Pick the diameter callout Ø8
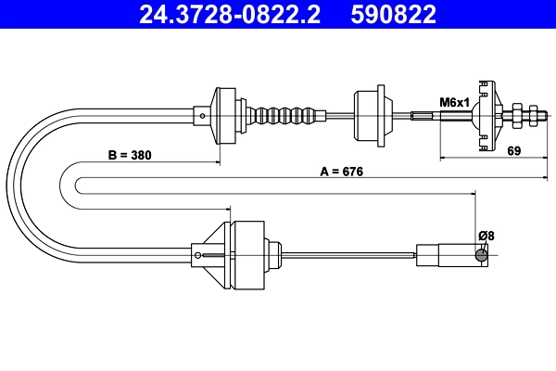click(x=486, y=235)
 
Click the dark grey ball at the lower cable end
click(x=481, y=256)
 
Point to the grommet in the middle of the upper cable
click(x=369, y=115)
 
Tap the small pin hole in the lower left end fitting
click(x=197, y=254)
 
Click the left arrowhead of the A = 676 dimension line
click(x=79, y=178)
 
